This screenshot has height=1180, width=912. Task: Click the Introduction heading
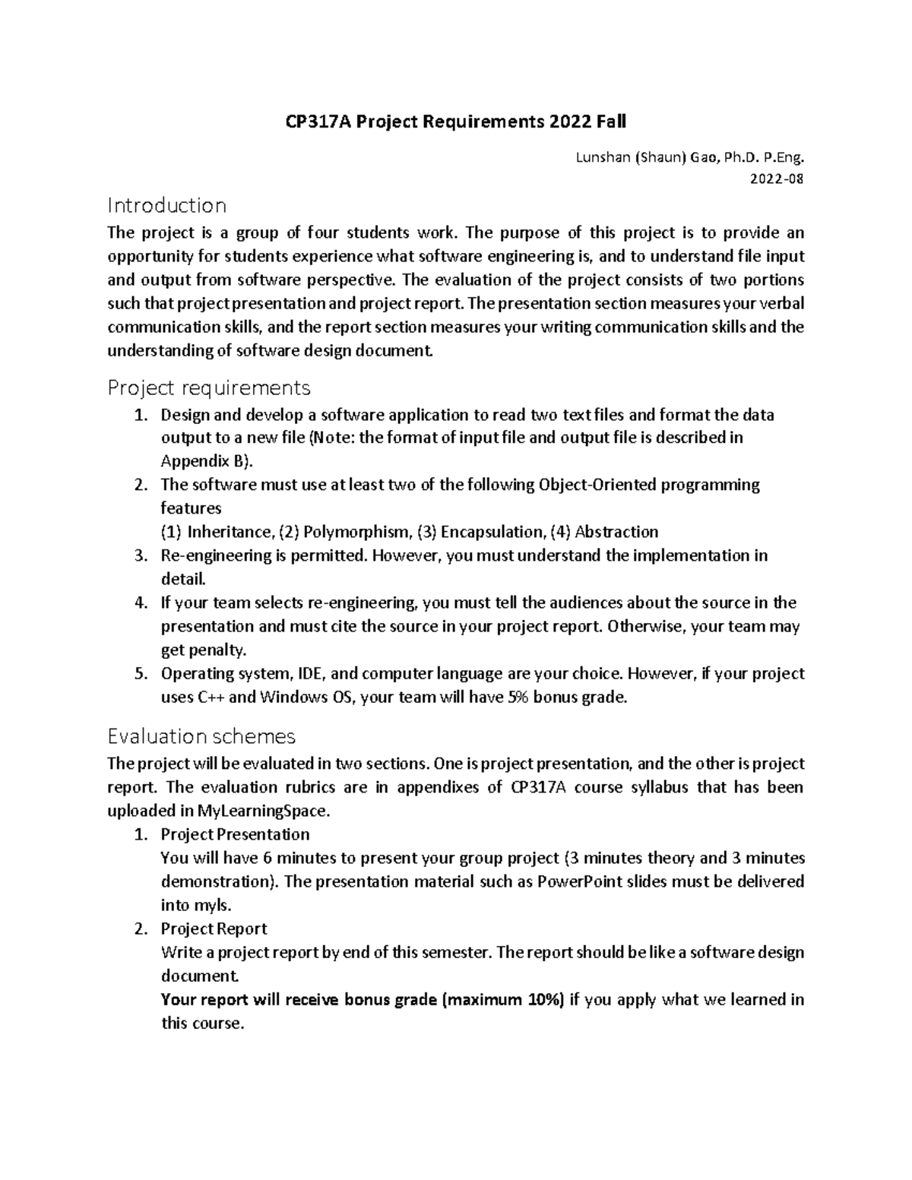167,205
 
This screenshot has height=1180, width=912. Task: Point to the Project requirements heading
209,388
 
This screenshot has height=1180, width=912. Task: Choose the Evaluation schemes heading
201,736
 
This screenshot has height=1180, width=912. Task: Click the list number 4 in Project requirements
139,603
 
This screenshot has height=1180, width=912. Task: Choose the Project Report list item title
214,928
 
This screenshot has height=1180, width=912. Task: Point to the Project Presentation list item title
235,834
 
